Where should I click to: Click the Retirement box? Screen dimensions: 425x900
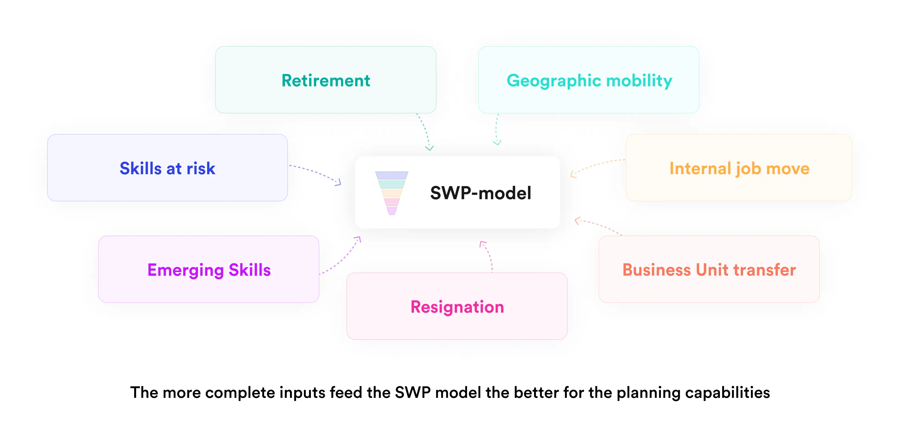tap(326, 80)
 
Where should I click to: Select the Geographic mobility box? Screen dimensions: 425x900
tap(589, 80)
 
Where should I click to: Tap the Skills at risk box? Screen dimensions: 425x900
tap(167, 168)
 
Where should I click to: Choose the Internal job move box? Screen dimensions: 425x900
tap(739, 168)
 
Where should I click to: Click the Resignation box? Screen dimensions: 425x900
tap(457, 306)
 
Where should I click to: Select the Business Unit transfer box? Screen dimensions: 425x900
tap(709, 269)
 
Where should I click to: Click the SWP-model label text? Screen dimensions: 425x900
tap(480, 193)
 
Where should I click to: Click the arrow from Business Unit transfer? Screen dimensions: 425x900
tap(597, 225)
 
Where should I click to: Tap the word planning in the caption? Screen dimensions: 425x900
tap(648, 392)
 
